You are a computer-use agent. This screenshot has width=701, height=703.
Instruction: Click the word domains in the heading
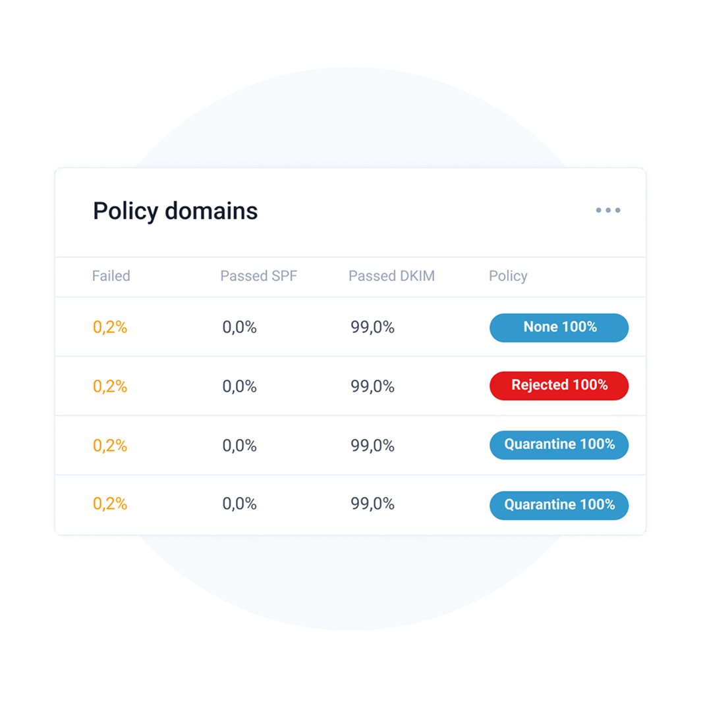pos(211,211)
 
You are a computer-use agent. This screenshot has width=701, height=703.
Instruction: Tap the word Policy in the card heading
pos(125,211)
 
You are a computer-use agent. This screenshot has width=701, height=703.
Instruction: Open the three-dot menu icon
pos(607,211)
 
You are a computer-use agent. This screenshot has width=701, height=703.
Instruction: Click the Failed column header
pos(111,276)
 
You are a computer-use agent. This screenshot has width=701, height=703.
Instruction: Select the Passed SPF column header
pos(258,276)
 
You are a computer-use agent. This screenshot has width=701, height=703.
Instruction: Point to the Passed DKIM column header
pos(391,276)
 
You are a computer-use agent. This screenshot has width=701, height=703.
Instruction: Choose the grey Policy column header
pos(507,276)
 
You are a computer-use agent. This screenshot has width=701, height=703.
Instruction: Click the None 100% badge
pos(559,327)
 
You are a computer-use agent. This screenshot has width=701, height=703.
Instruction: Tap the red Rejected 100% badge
pos(559,386)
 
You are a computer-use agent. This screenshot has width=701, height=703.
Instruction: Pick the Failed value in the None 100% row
pos(110,327)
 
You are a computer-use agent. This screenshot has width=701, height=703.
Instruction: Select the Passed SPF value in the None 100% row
pos(239,327)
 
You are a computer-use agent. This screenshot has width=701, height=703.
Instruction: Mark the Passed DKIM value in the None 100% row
pos(372,327)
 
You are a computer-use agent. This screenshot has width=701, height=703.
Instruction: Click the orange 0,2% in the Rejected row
pos(110,386)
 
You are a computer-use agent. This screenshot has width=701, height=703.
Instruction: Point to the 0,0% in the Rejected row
pos(239,386)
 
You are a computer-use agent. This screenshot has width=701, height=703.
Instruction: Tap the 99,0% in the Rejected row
pos(372,386)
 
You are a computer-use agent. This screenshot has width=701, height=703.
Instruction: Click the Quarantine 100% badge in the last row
pos(559,505)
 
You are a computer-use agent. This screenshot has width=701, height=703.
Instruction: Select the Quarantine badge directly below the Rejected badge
pos(559,445)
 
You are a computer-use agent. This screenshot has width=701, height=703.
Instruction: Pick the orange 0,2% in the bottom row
pos(110,504)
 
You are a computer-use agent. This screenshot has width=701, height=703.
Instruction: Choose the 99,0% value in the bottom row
pos(372,504)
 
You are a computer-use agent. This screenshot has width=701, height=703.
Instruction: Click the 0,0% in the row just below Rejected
pos(239,446)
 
